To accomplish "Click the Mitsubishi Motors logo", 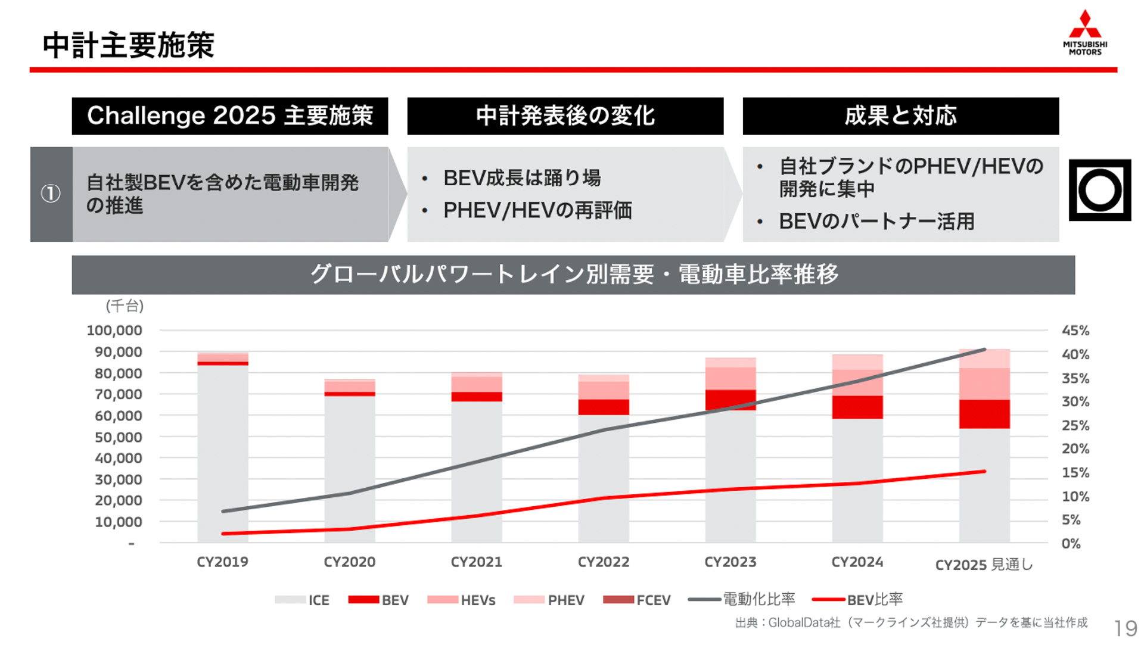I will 1084,33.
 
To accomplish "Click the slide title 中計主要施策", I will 128,45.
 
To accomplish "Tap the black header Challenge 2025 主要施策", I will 230,116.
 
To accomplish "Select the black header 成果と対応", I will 900,116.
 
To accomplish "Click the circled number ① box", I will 51,194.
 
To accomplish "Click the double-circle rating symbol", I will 1099,191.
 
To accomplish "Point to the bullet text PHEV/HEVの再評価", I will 537,210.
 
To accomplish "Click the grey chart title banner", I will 573,275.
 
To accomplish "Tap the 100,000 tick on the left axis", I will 114,331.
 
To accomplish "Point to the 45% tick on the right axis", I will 1075,331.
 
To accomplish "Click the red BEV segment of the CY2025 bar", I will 984,414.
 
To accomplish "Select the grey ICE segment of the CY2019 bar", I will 222,453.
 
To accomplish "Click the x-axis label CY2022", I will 603,562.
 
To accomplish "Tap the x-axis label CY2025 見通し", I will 983,565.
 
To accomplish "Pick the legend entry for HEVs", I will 462,600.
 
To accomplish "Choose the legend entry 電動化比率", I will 742,599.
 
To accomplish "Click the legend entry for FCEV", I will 637,600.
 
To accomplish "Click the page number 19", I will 1126,628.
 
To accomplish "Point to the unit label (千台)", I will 125,306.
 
